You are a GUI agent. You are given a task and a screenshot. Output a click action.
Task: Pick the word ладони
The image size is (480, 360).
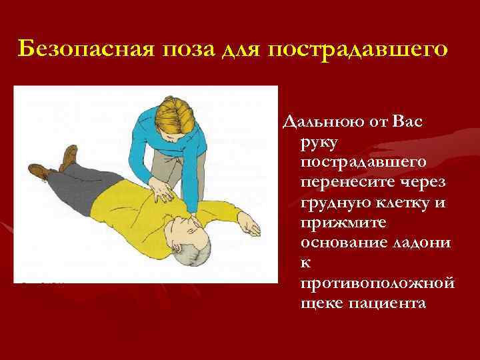tap(427, 243)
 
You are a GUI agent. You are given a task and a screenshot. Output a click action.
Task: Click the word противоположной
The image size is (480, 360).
tap(377, 284)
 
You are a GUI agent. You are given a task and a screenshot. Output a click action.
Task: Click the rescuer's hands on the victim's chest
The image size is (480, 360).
tap(163, 192)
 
